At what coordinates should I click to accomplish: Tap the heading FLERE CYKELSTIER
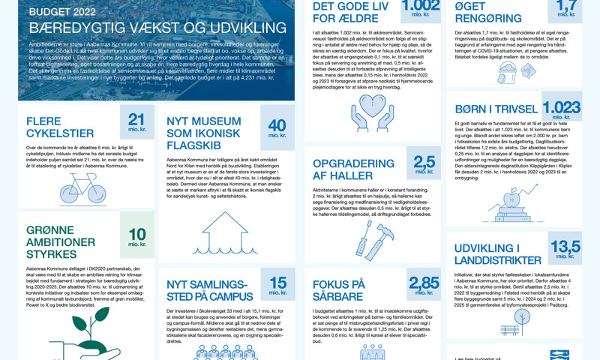59,127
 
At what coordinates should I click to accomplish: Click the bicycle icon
82,188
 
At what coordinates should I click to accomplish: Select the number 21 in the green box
136,119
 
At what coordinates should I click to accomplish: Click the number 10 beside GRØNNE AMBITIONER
136,233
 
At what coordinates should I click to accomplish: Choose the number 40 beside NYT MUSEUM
277,125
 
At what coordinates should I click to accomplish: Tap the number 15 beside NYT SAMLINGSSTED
277,283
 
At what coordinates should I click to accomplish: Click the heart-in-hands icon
372,112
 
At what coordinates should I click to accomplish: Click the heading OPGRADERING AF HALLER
352,169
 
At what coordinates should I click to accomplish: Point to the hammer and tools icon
372,239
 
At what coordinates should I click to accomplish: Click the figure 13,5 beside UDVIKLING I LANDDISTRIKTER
565,247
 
